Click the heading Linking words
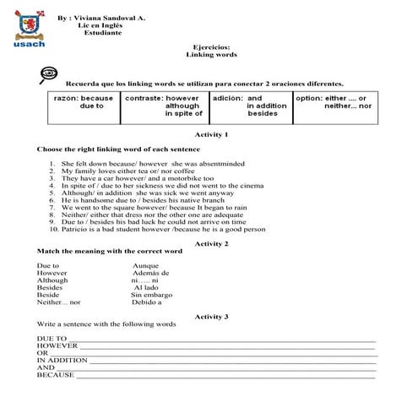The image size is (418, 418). [211, 54]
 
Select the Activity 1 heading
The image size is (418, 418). [211, 134]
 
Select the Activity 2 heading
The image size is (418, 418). [211, 243]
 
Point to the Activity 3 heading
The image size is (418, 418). [211, 316]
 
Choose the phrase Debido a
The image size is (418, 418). [147, 301]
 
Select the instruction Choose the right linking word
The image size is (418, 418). [118, 149]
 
